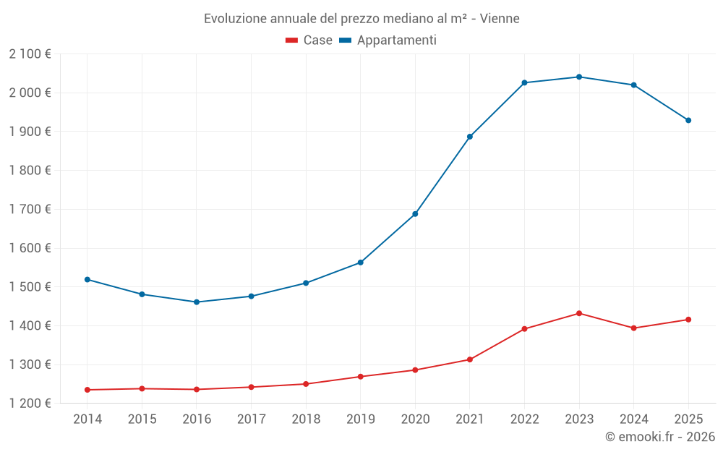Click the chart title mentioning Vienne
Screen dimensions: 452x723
[361, 18]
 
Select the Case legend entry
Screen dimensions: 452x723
[309, 40]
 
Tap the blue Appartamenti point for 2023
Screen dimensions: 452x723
[579, 77]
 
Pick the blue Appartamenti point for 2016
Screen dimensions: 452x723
[197, 302]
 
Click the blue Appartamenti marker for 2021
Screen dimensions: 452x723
[470, 137]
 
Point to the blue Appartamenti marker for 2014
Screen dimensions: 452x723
[87, 279]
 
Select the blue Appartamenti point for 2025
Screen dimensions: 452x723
[688, 120]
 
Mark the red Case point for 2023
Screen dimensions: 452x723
[579, 313]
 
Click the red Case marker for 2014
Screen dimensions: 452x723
[87, 390]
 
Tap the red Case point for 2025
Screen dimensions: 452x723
[688, 320]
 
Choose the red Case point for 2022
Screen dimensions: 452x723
[524, 329]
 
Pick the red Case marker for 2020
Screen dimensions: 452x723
[415, 370]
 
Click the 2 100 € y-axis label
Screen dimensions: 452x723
[30, 54]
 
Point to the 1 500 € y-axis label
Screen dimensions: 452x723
[30, 287]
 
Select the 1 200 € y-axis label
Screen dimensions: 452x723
[30, 404]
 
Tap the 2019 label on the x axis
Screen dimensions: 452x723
[360, 419]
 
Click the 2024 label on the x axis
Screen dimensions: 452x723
[633, 419]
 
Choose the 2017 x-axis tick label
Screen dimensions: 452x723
[251, 419]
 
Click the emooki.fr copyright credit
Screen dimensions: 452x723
[659, 437]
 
